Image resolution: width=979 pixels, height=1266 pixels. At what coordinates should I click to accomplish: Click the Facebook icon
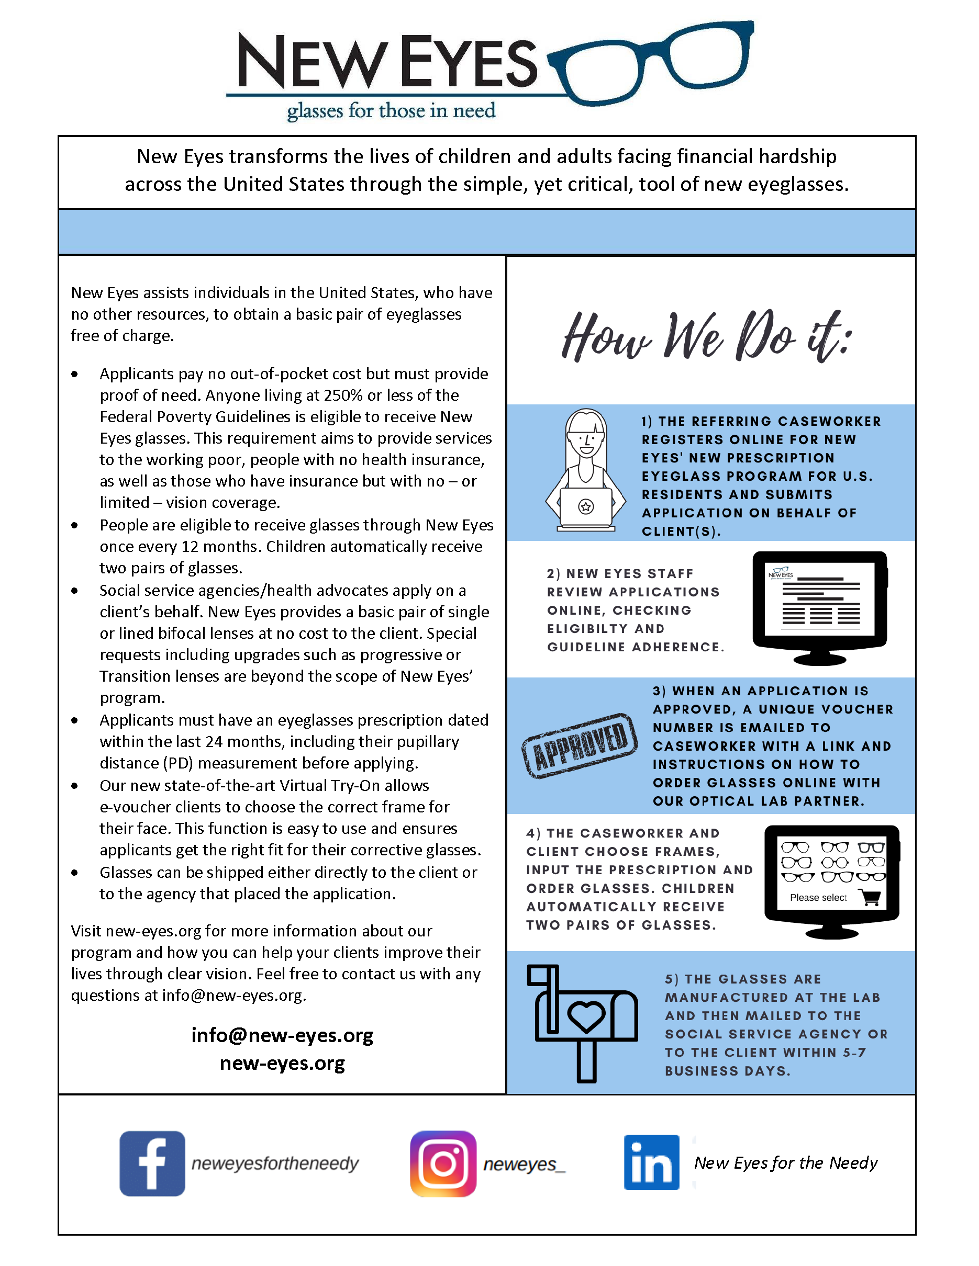click(x=152, y=1163)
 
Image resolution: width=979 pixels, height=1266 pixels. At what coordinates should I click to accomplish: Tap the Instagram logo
click(x=443, y=1163)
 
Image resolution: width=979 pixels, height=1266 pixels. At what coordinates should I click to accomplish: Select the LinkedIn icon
click(x=651, y=1162)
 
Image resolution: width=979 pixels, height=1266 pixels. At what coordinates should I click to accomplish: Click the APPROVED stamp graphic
click(x=580, y=745)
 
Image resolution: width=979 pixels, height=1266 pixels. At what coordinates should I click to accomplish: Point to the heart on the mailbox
click(x=586, y=1015)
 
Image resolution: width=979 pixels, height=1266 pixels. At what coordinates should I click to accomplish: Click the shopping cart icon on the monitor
click(x=871, y=898)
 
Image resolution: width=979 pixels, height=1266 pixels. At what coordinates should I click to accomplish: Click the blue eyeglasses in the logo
click(x=652, y=62)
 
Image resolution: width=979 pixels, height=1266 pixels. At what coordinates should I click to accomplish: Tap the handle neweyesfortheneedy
click(x=275, y=1163)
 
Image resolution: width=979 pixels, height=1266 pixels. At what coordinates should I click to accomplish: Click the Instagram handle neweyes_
click(x=524, y=1164)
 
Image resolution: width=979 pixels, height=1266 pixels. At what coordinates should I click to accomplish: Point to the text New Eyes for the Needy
click(x=785, y=1163)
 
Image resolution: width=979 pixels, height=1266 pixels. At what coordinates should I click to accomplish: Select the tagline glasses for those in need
click(x=391, y=110)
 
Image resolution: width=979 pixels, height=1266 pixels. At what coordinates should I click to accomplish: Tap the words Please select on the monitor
click(x=818, y=898)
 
